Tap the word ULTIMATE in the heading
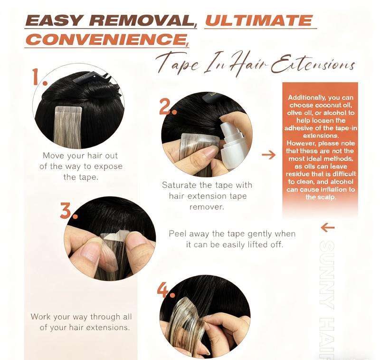coord(259,20)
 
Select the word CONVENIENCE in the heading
coord(107,39)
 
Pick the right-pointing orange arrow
coord(268,155)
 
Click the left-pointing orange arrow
coord(328,227)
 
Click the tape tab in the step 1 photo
coord(68,113)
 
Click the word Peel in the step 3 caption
coord(177,234)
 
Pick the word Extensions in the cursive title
coord(313,64)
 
